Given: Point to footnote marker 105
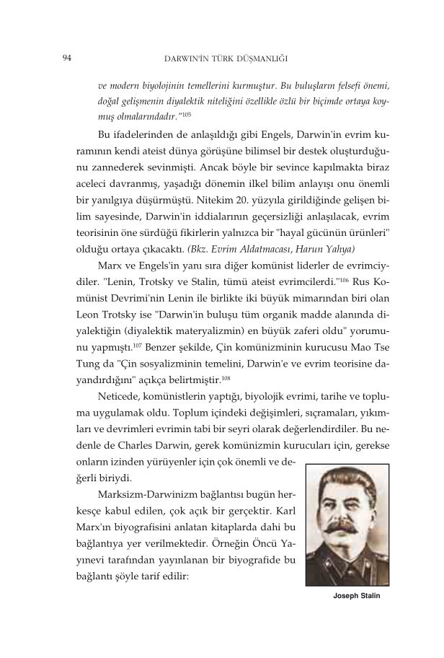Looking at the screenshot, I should coord(185,113).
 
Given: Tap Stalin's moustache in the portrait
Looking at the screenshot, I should coord(350,518).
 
